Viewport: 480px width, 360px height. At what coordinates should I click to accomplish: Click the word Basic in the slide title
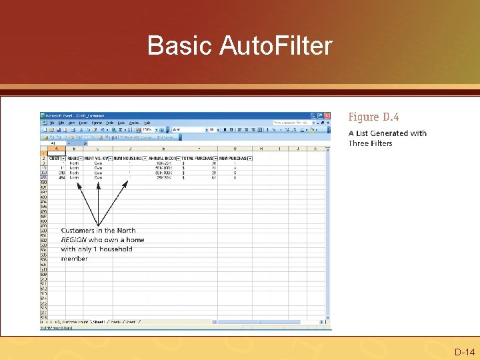173,46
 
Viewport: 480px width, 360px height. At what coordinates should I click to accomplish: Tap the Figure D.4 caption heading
373,117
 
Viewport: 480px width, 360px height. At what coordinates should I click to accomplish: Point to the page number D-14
464,351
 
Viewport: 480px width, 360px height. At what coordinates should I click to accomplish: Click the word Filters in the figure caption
379,143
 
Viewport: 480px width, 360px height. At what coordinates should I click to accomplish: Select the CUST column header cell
55,158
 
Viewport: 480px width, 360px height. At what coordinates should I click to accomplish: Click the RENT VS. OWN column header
98,158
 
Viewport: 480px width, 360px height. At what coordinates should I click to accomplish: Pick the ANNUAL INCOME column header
163,158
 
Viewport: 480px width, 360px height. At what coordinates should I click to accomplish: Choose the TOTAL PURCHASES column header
197,158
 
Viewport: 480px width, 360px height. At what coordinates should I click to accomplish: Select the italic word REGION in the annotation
74,239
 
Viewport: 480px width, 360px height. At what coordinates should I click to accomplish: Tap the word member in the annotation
75,258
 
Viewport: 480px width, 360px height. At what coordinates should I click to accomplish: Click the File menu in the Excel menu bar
51,123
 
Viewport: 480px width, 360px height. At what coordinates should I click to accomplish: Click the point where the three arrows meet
99,225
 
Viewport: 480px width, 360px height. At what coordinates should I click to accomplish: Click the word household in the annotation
115,249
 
